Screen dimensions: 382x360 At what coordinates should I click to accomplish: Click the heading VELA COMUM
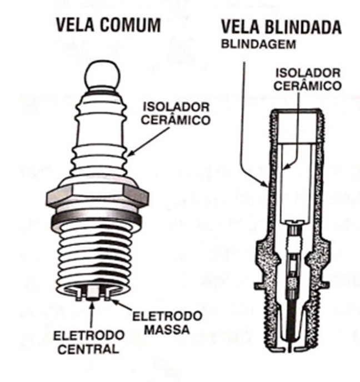point(108,26)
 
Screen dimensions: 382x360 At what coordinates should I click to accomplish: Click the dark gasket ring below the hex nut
point(98,220)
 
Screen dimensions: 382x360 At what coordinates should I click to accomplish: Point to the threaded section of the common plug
point(98,255)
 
